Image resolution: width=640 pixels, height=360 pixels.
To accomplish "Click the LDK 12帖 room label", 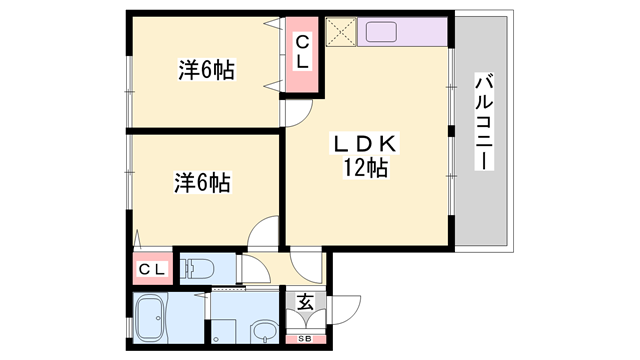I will click(x=366, y=156).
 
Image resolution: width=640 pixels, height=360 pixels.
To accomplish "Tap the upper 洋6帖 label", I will click(x=207, y=70).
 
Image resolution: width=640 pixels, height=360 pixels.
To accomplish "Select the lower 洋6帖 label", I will click(x=204, y=183).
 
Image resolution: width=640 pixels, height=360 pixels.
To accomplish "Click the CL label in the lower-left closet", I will click(x=152, y=268).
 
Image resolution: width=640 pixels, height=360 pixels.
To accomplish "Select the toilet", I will click(x=201, y=267).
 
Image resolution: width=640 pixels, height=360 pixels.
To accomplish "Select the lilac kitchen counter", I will click(x=401, y=31).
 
